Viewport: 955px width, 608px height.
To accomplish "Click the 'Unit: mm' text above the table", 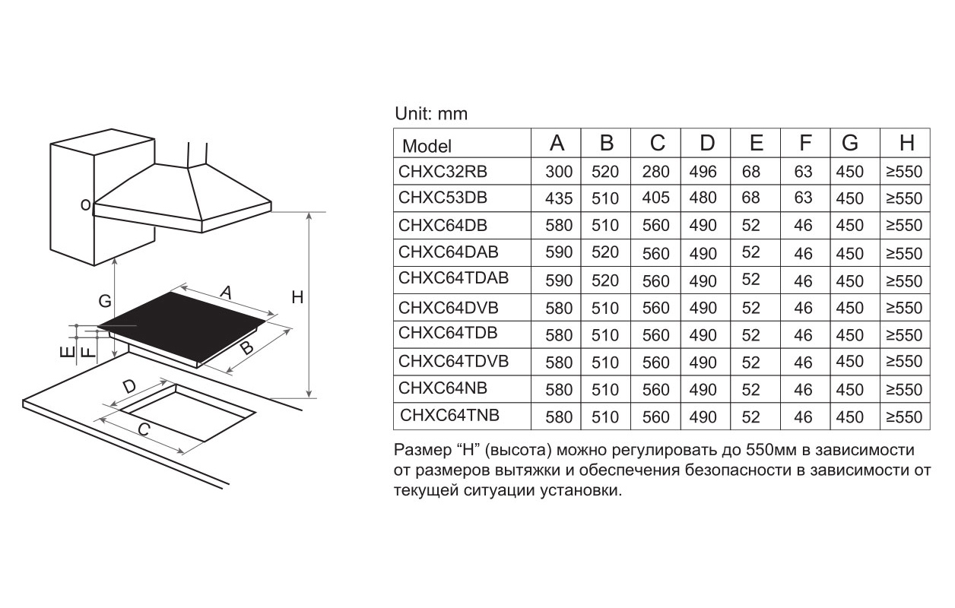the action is [x=431, y=114].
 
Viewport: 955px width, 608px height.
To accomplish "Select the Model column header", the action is [x=427, y=146].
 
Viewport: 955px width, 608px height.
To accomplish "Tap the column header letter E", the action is [x=757, y=143].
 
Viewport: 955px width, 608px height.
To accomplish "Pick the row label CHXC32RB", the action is [x=443, y=171].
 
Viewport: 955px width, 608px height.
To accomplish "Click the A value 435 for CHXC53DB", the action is [x=559, y=198].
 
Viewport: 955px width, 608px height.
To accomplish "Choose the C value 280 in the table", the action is [x=655, y=171].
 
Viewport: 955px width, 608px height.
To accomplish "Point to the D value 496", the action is [x=703, y=171].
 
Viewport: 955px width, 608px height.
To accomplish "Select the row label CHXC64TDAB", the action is [x=454, y=278].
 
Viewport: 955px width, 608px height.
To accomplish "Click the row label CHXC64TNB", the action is [x=449, y=415].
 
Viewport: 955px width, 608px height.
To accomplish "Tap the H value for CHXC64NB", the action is [x=904, y=389].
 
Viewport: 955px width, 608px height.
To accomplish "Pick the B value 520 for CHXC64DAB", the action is [x=605, y=252].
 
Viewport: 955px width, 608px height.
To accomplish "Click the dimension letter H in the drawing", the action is [x=297, y=297].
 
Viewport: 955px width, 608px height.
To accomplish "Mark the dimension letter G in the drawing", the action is [x=105, y=301].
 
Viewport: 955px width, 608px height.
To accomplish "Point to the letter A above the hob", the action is [x=226, y=293].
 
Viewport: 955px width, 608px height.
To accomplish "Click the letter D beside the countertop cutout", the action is [x=129, y=387].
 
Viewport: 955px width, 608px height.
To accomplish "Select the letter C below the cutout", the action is [x=144, y=429].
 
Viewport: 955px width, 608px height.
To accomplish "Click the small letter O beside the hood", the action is [x=86, y=205].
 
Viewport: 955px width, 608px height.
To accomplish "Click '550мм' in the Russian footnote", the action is [x=771, y=450].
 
